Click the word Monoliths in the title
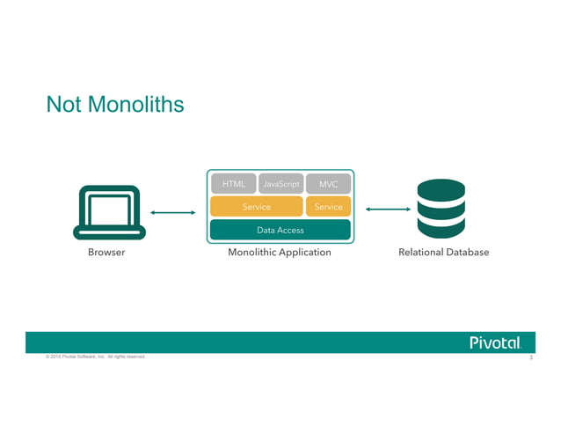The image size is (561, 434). coord(131,105)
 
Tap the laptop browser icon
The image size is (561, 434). coord(106,211)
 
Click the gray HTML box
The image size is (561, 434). coord(233,184)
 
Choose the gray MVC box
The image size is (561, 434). coord(329,184)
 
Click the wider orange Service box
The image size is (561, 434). coord(256,207)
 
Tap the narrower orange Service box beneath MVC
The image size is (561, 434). coord(329,207)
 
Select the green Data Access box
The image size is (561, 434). coord(280,230)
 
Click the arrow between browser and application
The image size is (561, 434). coord(172,212)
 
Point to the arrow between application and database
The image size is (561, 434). coord(388,210)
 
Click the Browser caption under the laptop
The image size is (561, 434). coord(106,253)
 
